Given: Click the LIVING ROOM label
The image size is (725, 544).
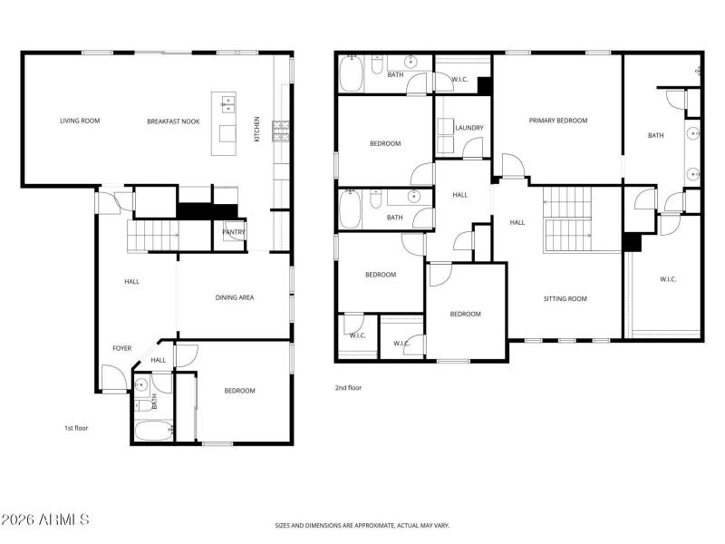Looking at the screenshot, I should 80,121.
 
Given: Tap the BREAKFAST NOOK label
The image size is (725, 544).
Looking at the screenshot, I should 173,121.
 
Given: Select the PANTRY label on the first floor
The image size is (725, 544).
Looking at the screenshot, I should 233,232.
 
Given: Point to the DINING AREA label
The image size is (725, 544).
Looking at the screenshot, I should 234,297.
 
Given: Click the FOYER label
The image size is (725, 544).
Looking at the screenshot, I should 121,347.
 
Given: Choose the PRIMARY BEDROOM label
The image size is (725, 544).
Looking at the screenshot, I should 558,121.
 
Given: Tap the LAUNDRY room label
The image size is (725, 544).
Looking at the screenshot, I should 469,128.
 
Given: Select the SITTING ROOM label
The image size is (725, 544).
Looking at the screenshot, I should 565,298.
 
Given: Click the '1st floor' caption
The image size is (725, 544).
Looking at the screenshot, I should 75,427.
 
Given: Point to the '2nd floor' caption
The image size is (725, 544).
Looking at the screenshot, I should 348,387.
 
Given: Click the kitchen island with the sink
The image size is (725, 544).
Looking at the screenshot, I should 224,122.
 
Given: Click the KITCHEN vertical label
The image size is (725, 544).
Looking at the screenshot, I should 256,128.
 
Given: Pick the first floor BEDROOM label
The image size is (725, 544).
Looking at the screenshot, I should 239,391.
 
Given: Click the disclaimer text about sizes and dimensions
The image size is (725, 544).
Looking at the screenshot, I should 362,525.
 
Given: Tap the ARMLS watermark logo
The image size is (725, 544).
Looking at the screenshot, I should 45,520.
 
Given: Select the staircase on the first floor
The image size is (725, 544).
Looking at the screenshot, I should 150,235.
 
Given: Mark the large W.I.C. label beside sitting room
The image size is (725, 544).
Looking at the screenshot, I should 669,278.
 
